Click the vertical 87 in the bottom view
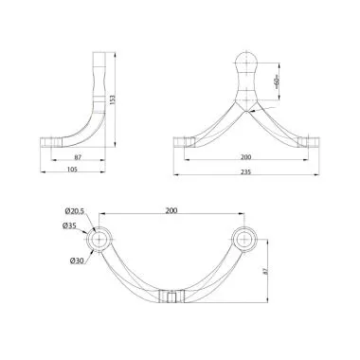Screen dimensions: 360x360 (266, 271)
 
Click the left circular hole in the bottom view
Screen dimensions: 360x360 (100, 238)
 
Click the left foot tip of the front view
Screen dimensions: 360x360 (182, 143)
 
